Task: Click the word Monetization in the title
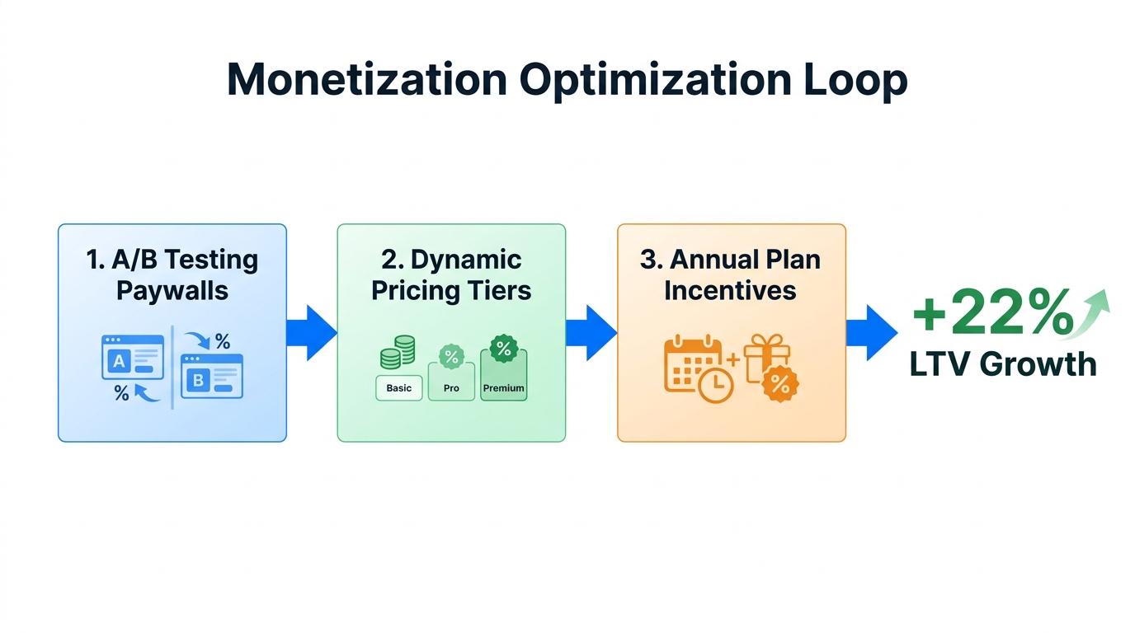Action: (366, 80)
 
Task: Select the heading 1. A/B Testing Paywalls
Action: (172, 275)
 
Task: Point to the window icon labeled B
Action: (212, 377)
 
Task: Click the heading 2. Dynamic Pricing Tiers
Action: (451, 275)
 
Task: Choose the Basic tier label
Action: (399, 388)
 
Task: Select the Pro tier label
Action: (451, 388)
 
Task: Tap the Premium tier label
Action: (503, 388)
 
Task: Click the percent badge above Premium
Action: (503, 349)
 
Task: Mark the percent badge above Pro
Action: (451, 357)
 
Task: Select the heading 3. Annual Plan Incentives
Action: (731, 275)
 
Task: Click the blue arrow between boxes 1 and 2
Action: (312, 333)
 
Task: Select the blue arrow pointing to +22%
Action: (871, 333)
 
